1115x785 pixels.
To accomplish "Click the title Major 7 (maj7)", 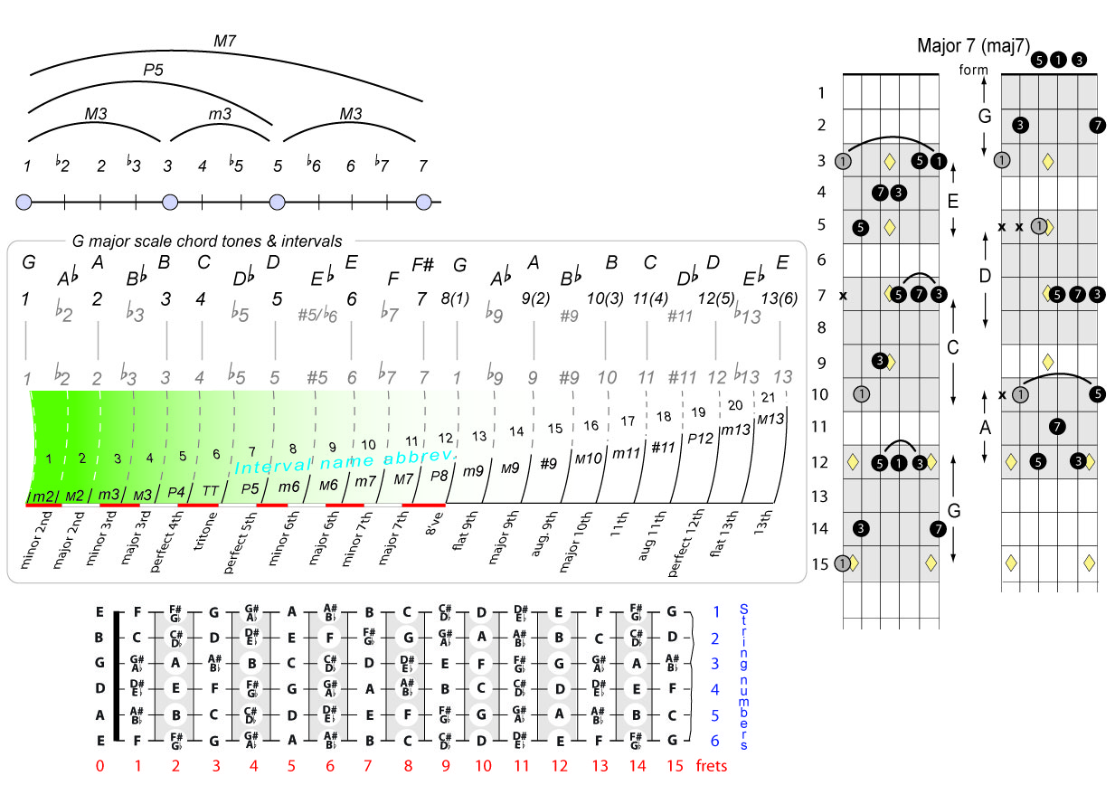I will coord(973,45).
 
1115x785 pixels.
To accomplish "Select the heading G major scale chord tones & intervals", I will coord(207,241).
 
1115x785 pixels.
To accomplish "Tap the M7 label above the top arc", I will coord(225,41).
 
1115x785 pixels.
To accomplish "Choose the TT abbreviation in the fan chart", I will coord(211,490).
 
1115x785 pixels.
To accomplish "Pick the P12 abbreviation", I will coord(701,438).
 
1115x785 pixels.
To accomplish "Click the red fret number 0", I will coord(99,765).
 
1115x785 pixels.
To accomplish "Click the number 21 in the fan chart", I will coord(768,396).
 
